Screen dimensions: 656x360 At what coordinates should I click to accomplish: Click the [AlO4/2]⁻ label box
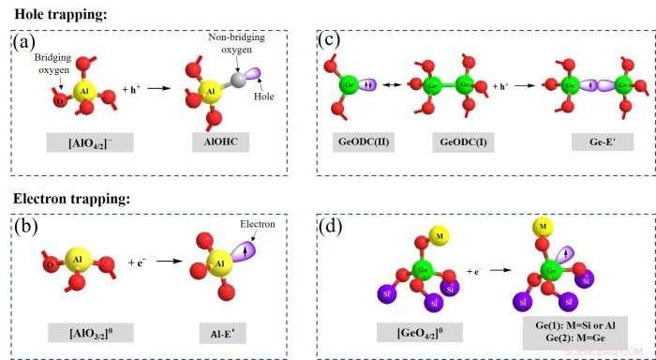coord(85,146)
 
